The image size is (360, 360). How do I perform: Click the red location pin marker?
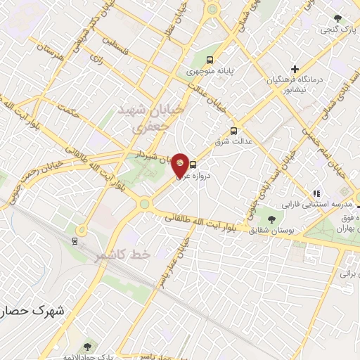(181, 165)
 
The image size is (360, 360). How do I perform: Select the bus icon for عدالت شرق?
(234, 130)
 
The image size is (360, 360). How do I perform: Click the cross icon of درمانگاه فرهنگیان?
(295, 70)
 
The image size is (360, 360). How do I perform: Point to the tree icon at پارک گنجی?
(338, 18)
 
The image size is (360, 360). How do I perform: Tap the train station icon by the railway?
(74, 241)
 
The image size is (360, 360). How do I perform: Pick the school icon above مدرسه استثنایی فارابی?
(316, 193)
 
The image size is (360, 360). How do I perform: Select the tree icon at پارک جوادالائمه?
(87, 346)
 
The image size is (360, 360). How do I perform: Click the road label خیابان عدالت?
(212, 96)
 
